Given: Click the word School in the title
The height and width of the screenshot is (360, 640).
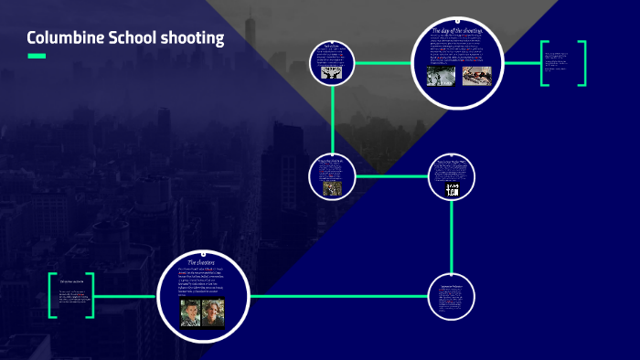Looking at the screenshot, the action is (131, 38).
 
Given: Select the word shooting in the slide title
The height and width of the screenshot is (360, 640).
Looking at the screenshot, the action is (192, 38).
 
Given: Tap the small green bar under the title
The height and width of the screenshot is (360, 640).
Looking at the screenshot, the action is (37, 57).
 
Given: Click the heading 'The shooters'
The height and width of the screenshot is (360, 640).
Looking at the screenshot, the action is (200, 262).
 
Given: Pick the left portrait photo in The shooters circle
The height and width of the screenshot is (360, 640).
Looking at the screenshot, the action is (189, 313).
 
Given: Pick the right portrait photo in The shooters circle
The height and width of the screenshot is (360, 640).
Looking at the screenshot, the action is (212, 313).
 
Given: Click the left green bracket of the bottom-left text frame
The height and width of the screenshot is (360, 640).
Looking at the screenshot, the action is (50, 295).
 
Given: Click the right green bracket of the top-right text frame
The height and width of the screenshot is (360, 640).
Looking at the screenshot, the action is (581, 63).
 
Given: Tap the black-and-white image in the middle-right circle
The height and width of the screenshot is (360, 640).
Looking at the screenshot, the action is (452, 189).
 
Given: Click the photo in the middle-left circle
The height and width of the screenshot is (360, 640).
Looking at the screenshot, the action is (331, 186).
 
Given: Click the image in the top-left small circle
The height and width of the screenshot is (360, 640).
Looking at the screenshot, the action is (331, 70).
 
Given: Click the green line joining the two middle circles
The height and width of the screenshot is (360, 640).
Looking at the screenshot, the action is (390, 175).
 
